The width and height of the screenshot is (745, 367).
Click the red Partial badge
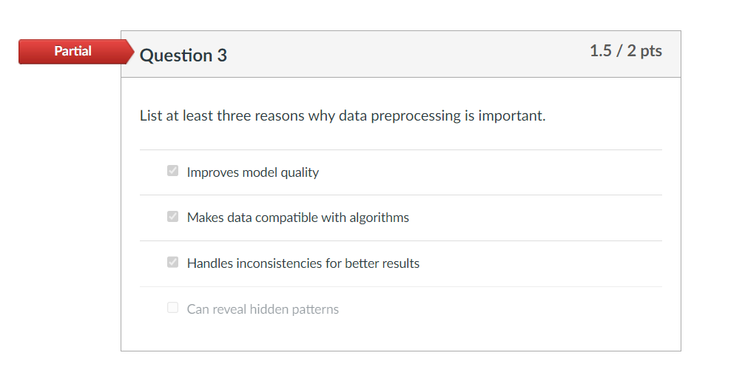click(73, 52)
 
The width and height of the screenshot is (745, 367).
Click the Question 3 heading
click(183, 55)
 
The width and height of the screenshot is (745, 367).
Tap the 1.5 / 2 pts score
click(625, 51)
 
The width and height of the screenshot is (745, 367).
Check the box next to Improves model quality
click(173, 172)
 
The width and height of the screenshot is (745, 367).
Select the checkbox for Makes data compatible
click(173, 217)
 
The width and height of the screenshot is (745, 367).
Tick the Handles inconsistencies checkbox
click(173, 263)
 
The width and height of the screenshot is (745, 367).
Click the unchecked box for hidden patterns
click(173, 308)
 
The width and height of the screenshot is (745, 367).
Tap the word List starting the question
click(150, 116)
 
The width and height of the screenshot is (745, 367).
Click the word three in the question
click(234, 116)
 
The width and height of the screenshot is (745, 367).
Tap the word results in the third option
click(400, 263)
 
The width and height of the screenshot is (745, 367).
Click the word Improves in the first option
click(212, 172)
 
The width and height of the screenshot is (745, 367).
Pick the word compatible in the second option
click(286, 218)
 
